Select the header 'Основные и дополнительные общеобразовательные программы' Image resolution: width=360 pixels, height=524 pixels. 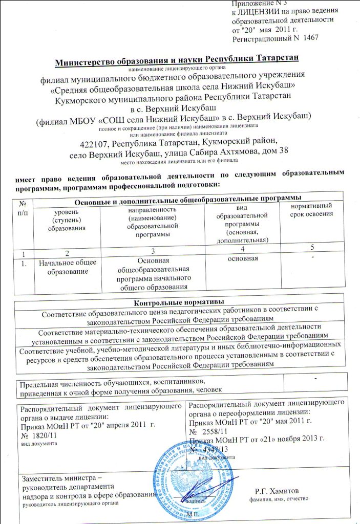187,197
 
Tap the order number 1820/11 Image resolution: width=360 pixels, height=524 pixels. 43,434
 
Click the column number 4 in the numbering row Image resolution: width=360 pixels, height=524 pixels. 242,248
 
